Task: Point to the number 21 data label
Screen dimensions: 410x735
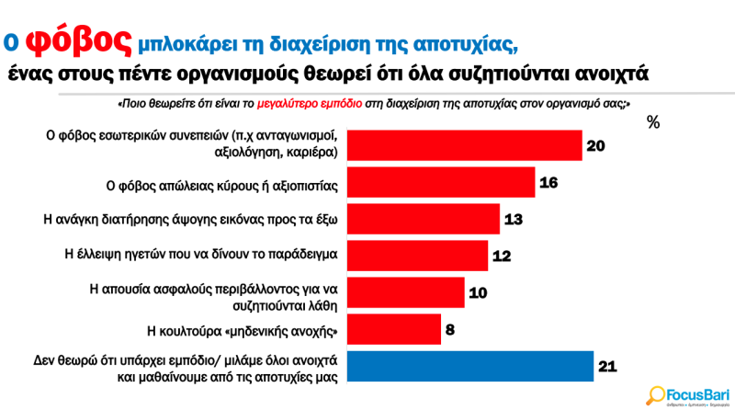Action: (606, 366)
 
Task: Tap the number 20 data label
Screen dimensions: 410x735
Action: (595, 146)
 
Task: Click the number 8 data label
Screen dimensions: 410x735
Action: (451, 329)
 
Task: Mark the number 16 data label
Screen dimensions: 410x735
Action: (548, 182)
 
